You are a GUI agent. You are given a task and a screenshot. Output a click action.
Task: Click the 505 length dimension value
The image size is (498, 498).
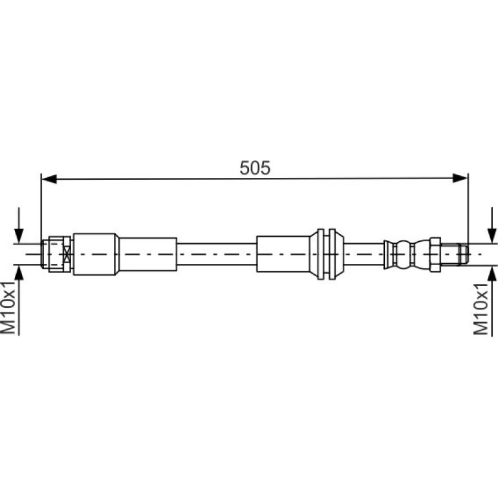click(255, 168)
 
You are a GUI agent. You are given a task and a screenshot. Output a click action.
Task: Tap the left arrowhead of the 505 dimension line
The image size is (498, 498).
click(49, 179)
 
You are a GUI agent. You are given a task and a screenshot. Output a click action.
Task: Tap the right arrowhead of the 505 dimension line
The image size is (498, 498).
click(460, 178)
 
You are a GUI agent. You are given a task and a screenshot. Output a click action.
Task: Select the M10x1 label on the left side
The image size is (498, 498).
click(8, 307)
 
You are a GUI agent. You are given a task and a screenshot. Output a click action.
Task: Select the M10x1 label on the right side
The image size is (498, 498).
click(481, 309)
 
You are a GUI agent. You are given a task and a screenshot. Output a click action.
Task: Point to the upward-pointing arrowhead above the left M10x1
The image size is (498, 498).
click(19, 272)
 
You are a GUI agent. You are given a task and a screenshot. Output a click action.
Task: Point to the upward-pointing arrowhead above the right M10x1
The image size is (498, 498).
click(492, 273)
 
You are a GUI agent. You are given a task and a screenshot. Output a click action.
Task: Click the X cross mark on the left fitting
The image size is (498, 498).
click(67, 254)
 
